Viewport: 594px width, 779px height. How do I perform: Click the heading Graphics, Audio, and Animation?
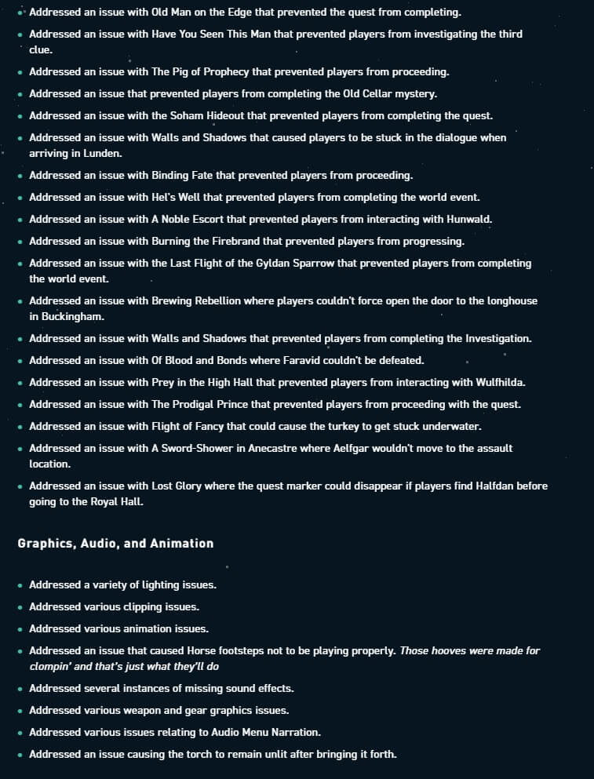click(115, 543)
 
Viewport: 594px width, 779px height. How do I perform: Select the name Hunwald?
click(469, 219)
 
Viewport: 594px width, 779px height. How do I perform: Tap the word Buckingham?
click(73, 316)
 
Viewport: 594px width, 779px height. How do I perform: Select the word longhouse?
click(509, 300)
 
